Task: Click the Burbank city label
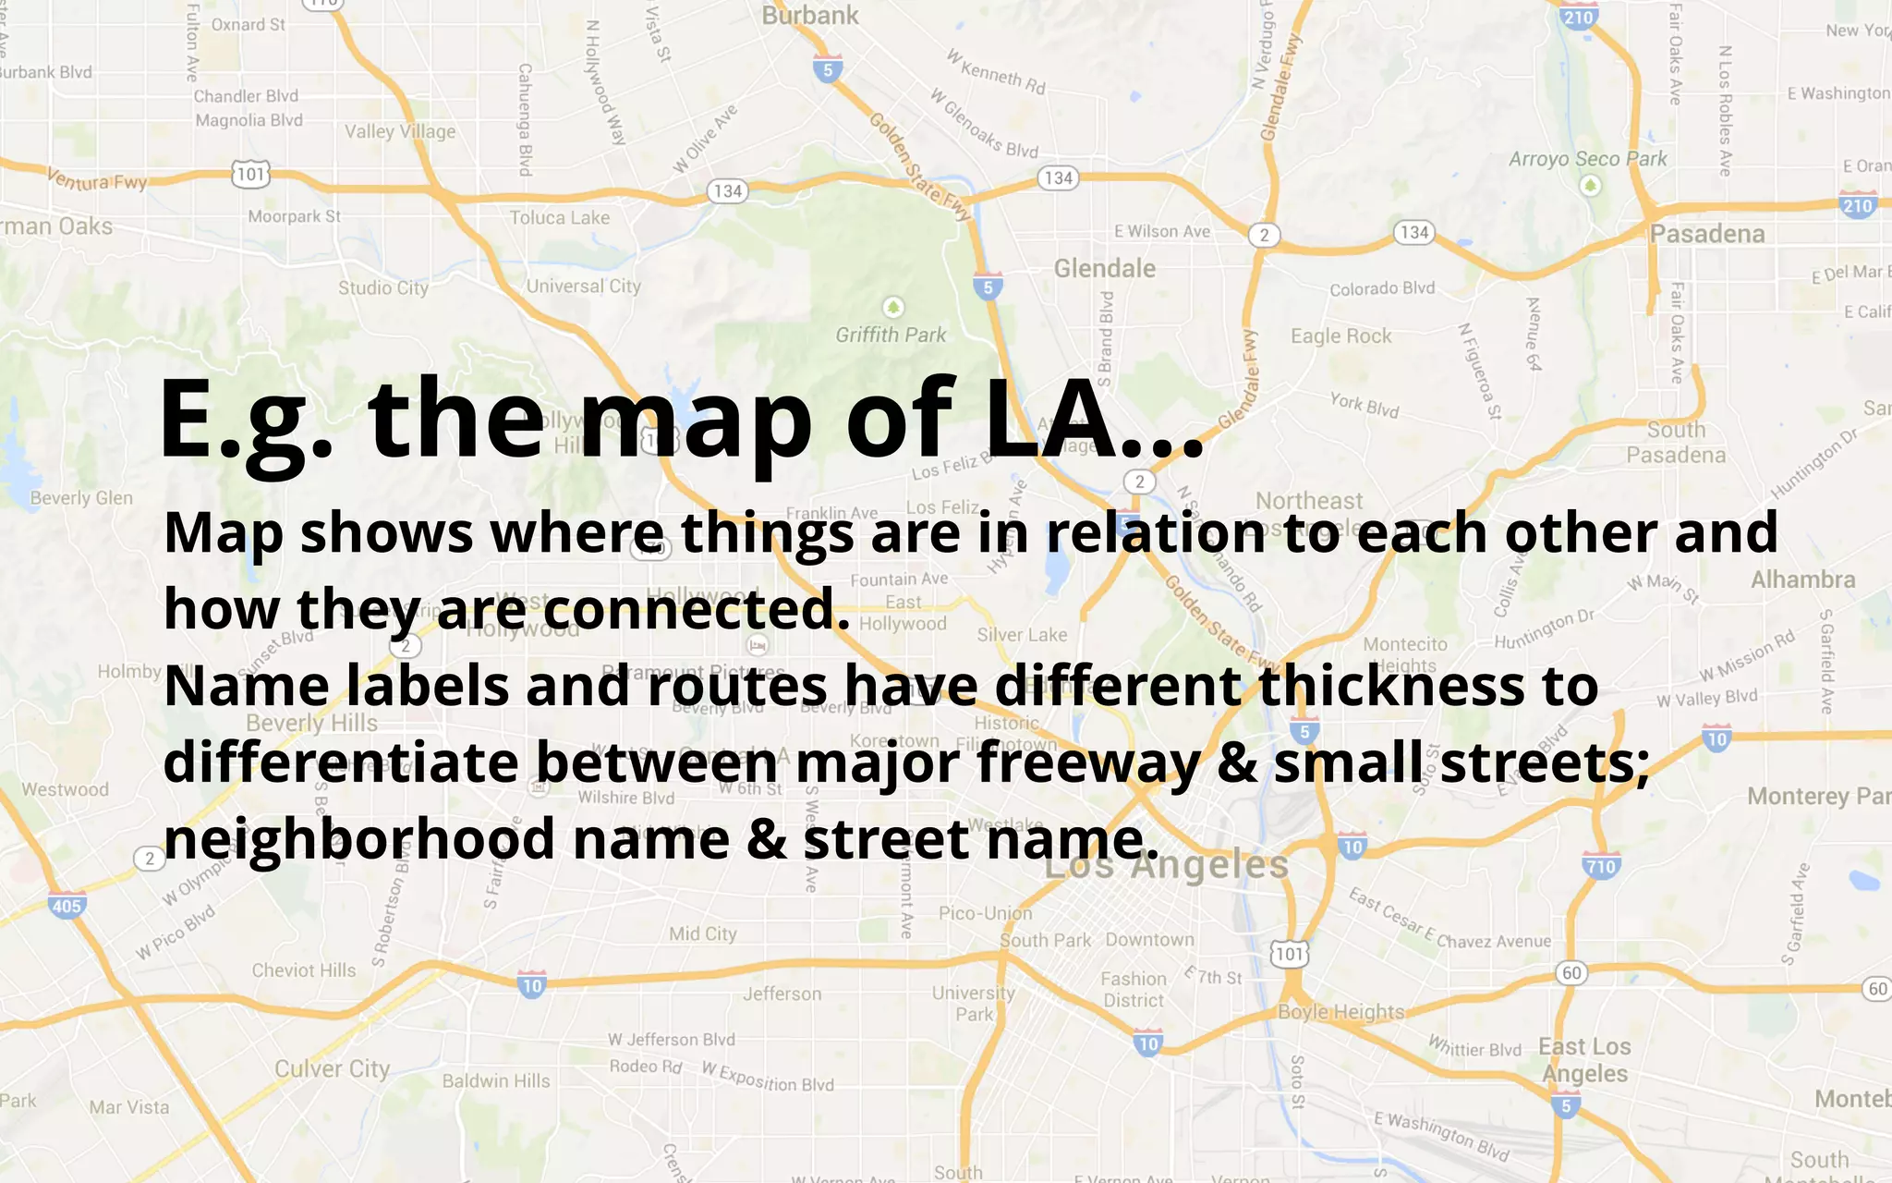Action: pos(810,16)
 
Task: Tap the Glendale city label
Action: pos(1105,269)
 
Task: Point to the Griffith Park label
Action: pos(891,335)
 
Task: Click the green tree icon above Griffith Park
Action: pos(892,307)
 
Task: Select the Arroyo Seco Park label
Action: pos(1587,159)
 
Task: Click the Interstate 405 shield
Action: pos(67,905)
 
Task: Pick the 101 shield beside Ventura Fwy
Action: pos(250,174)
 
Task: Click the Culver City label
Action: pos(333,1069)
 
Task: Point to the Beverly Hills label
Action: pos(312,722)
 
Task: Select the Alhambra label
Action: pos(1802,579)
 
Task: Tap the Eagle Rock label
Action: pos(1340,336)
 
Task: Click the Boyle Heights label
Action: pos(1340,1012)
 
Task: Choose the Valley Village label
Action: pos(400,131)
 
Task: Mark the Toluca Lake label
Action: pos(560,218)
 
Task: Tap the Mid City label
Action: pos(703,933)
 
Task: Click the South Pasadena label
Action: pos(1676,442)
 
